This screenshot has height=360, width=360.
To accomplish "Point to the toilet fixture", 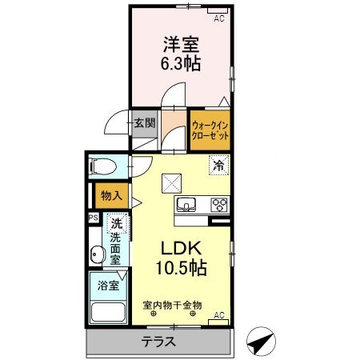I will click(x=102, y=167).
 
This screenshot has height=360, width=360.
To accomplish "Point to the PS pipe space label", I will click(x=93, y=218).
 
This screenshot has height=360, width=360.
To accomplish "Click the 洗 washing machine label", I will click(x=116, y=225).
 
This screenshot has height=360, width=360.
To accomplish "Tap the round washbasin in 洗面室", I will click(x=98, y=255).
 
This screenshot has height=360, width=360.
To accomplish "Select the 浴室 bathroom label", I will click(x=107, y=284).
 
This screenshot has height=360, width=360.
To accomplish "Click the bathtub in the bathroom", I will click(x=107, y=313).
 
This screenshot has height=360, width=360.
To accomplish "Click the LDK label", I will click(x=186, y=247).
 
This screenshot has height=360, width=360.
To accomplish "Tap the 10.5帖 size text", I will click(x=186, y=267).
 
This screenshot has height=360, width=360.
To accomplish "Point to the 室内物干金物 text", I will click(x=172, y=305).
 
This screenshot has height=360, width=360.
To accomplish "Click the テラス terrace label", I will click(x=159, y=342).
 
